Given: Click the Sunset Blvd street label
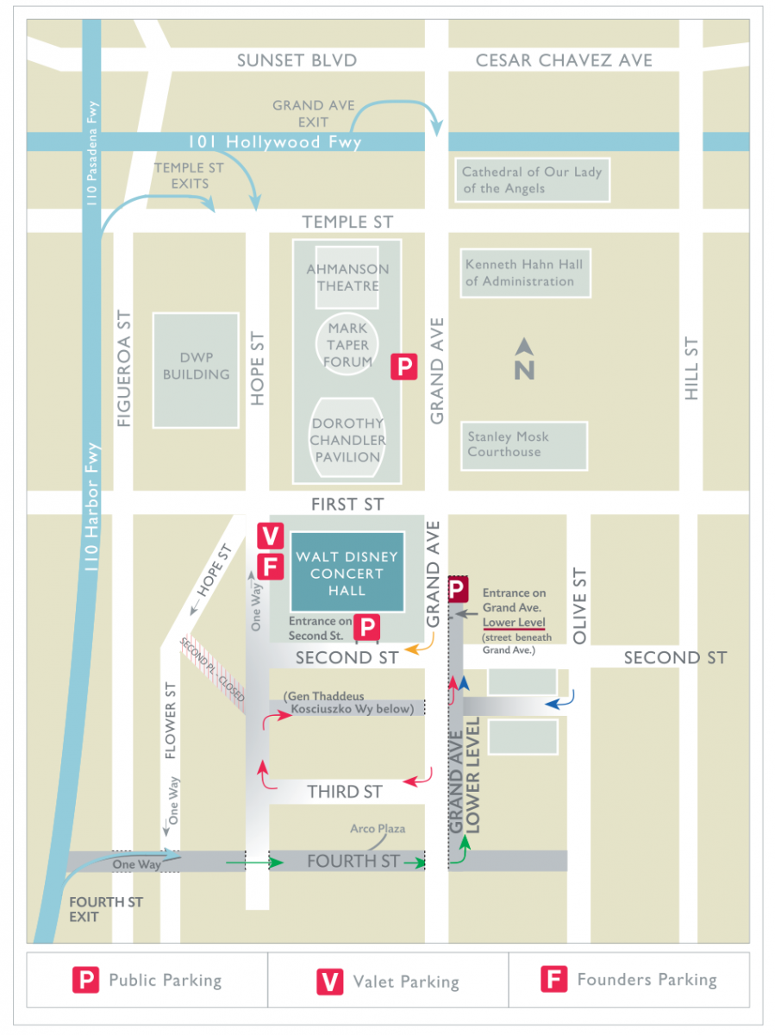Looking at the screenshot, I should tap(297, 60).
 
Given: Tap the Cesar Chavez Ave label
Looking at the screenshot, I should tap(564, 60).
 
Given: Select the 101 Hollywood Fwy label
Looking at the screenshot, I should tap(275, 142).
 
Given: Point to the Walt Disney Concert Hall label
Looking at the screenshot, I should tap(347, 574).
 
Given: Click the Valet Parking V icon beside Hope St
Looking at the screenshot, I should tap(271, 536).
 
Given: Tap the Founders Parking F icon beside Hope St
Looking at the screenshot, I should tap(271, 568).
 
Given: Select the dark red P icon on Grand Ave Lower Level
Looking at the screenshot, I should tap(458, 590).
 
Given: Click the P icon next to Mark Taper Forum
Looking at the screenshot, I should tap(404, 367).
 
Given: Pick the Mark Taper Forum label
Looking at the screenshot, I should tap(347, 345).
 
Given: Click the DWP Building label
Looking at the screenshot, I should tap(196, 366).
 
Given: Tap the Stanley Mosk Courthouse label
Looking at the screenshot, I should tap(508, 444).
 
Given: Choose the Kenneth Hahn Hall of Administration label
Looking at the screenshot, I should tap(523, 273).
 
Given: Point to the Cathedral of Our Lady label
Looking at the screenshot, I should tap(531, 180).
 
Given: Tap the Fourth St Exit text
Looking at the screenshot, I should tap(94, 909).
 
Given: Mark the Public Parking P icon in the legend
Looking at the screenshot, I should tap(85, 981).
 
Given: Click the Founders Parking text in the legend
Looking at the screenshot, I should tap(647, 980).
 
